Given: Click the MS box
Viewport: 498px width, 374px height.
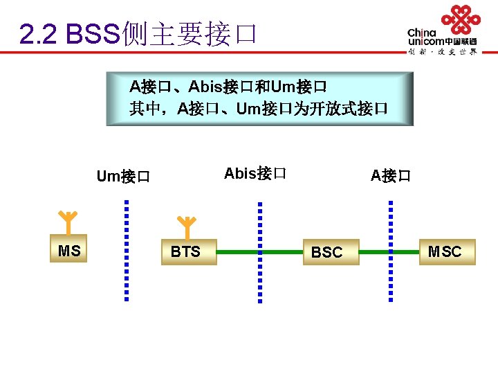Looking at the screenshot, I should [x=69, y=251].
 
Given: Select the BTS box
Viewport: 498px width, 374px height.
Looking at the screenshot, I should [x=187, y=252].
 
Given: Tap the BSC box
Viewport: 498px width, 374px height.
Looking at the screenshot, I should [x=327, y=253].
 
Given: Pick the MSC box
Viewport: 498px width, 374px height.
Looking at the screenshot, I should [x=445, y=252].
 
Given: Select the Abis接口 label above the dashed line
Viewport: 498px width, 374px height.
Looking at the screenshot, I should [x=255, y=173].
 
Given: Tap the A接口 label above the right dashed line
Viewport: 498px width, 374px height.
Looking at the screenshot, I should [x=390, y=176].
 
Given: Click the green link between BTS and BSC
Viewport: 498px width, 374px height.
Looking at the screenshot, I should [x=239, y=252].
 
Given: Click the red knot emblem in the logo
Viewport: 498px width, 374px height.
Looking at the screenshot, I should [x=461, y=19].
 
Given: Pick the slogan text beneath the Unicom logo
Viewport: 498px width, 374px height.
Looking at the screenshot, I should [x=442, y=52].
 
